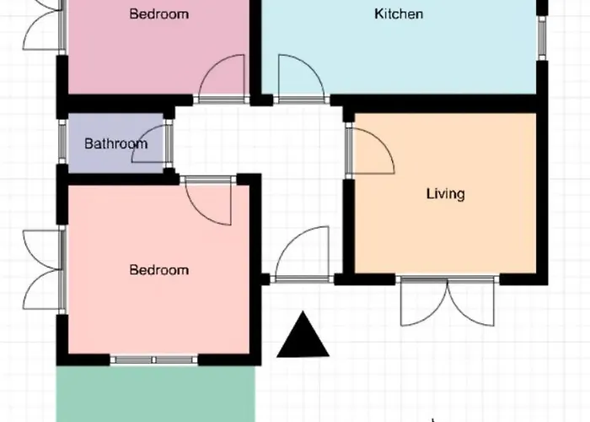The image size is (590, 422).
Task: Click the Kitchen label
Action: point(399,14)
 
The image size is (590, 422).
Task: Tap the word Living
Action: point(446,194)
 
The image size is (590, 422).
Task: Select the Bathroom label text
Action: point(116,143)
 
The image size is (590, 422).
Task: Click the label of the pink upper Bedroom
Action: point(158,14)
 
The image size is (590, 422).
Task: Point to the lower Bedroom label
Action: point(158,270)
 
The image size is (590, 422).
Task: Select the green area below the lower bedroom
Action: point(156,394)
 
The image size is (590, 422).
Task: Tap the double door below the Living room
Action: point(448,301)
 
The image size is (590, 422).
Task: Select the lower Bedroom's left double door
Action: point(41,270)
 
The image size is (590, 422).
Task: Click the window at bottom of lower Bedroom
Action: point(153,360)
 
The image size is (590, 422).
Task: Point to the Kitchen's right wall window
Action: point(542,38)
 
